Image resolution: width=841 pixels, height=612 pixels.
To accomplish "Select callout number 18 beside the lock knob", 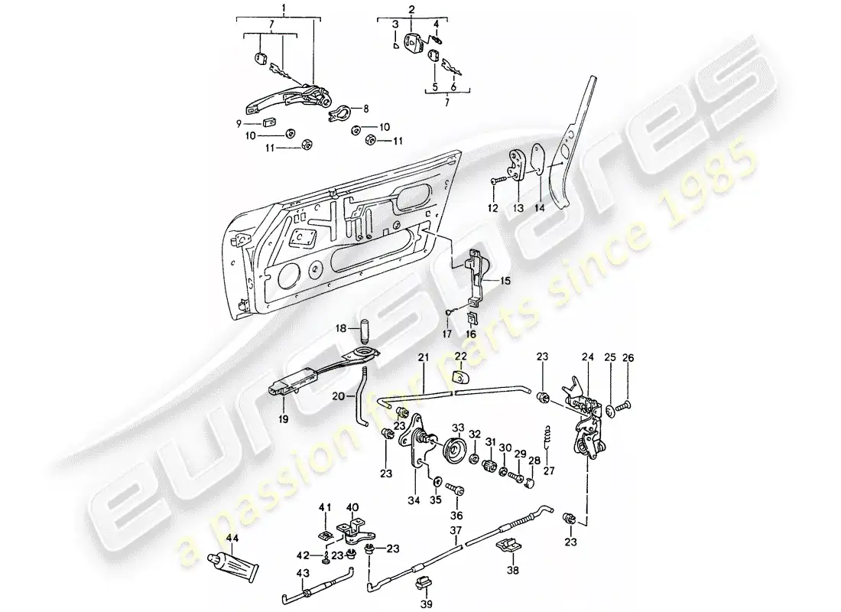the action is [341, 329].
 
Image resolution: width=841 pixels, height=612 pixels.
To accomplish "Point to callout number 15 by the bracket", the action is [505, 281].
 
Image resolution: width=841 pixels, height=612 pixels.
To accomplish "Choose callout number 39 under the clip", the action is [427, 604].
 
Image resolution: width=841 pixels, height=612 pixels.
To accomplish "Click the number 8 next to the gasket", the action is [365, 109].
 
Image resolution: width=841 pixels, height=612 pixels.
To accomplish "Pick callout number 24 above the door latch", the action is [588, 357].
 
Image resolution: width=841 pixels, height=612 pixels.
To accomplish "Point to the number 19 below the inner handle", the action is [283, 418].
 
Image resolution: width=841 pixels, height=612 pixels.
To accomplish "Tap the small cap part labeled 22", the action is [462, 377].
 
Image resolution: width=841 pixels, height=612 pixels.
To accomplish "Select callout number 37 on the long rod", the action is [456, 531].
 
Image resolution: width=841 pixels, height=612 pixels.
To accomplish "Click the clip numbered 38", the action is [508, 546].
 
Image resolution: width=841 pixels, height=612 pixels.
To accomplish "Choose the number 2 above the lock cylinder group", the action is [411, 9].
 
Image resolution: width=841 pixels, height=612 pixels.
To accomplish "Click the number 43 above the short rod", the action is [303, 573].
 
